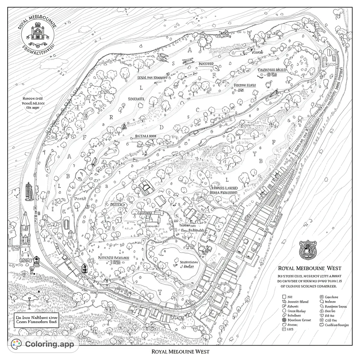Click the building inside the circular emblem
(x=37, y=33)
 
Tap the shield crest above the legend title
(x=307, y=250)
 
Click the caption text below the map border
(x=180, y=352)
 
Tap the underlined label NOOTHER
(x=206, y=64)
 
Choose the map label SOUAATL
(x=136, y=99)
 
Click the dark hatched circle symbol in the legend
(x=284, y=320)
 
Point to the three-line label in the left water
(x=33, y=103)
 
